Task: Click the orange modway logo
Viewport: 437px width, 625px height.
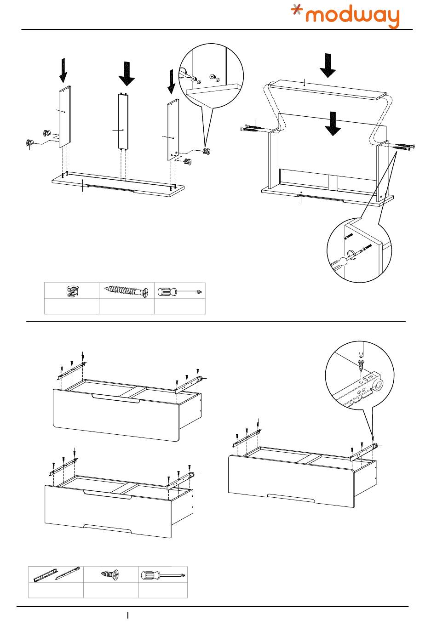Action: point(346,16)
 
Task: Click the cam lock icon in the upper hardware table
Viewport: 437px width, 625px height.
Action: point(72,290)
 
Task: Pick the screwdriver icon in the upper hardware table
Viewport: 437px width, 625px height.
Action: point(179,291)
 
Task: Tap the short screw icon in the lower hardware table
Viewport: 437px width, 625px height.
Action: point(111,574)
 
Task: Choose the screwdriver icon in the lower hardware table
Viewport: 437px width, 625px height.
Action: point(163,574)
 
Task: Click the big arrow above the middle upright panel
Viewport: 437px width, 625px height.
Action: point(126,74)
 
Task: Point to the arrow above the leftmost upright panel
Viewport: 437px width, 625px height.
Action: point(63,70)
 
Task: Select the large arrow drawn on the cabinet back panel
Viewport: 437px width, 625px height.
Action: point(333,124)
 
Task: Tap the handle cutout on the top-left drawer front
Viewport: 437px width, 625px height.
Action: point(116,398)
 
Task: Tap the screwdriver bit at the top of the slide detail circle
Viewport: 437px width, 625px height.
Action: point(360,351)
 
